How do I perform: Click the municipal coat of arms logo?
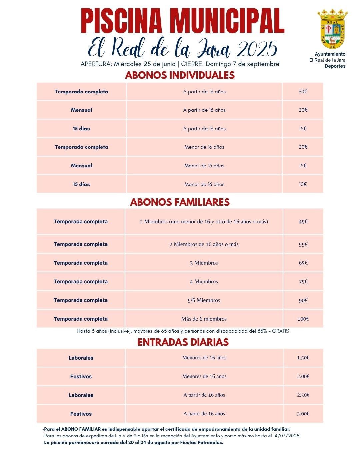tap(332, 29)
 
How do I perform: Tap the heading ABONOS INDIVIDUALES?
tap(180, 75)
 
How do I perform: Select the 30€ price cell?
tap(303, 92)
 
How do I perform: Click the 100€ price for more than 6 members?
tap(303, 319)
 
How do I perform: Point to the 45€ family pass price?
tap(303, 222)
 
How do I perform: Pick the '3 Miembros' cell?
tap(204, 263)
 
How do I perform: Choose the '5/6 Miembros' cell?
tap(204, 300)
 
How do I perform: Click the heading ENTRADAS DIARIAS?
tap(183, 342)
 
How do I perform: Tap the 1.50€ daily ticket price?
tap(303, 358)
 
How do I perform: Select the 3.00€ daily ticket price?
tap(303, 414)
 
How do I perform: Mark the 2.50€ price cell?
tap(303, 395)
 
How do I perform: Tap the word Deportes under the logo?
tap(335, 66)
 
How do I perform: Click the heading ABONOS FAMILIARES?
tap(180, 202)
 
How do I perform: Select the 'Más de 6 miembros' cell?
tap(204, 319)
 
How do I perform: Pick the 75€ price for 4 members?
tap(303, 282)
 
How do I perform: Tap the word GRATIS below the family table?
tap(280, 331)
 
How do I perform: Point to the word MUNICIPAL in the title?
tap(227, 21)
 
